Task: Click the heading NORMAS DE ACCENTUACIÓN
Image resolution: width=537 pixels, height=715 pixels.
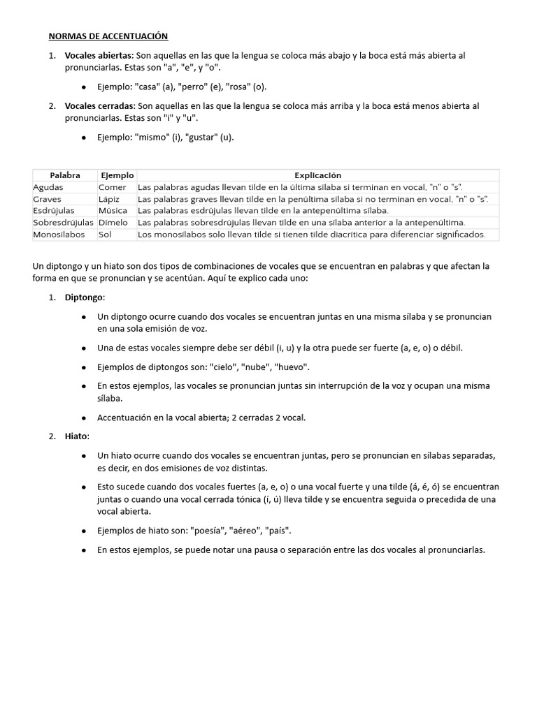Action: (108, 36)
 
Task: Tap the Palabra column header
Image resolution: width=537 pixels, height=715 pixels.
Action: (64, 175)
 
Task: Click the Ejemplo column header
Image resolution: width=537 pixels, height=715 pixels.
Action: (117, 175)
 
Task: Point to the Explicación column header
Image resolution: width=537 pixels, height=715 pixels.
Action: (317, 175)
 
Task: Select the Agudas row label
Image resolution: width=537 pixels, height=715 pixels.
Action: (48, 187)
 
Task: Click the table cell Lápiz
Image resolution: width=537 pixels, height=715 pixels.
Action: (110, 199)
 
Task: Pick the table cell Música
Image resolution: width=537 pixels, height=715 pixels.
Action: (113, 210)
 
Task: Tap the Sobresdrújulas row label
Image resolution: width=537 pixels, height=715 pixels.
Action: (64, 222)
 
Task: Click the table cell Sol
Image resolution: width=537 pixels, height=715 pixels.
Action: (105, 235)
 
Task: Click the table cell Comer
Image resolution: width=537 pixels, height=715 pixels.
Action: (112, 187)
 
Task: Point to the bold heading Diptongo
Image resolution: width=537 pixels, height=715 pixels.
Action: (84, 297)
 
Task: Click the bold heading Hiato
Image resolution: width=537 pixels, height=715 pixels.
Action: (77, 436)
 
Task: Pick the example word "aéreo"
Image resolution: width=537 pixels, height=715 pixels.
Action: (253, 531)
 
